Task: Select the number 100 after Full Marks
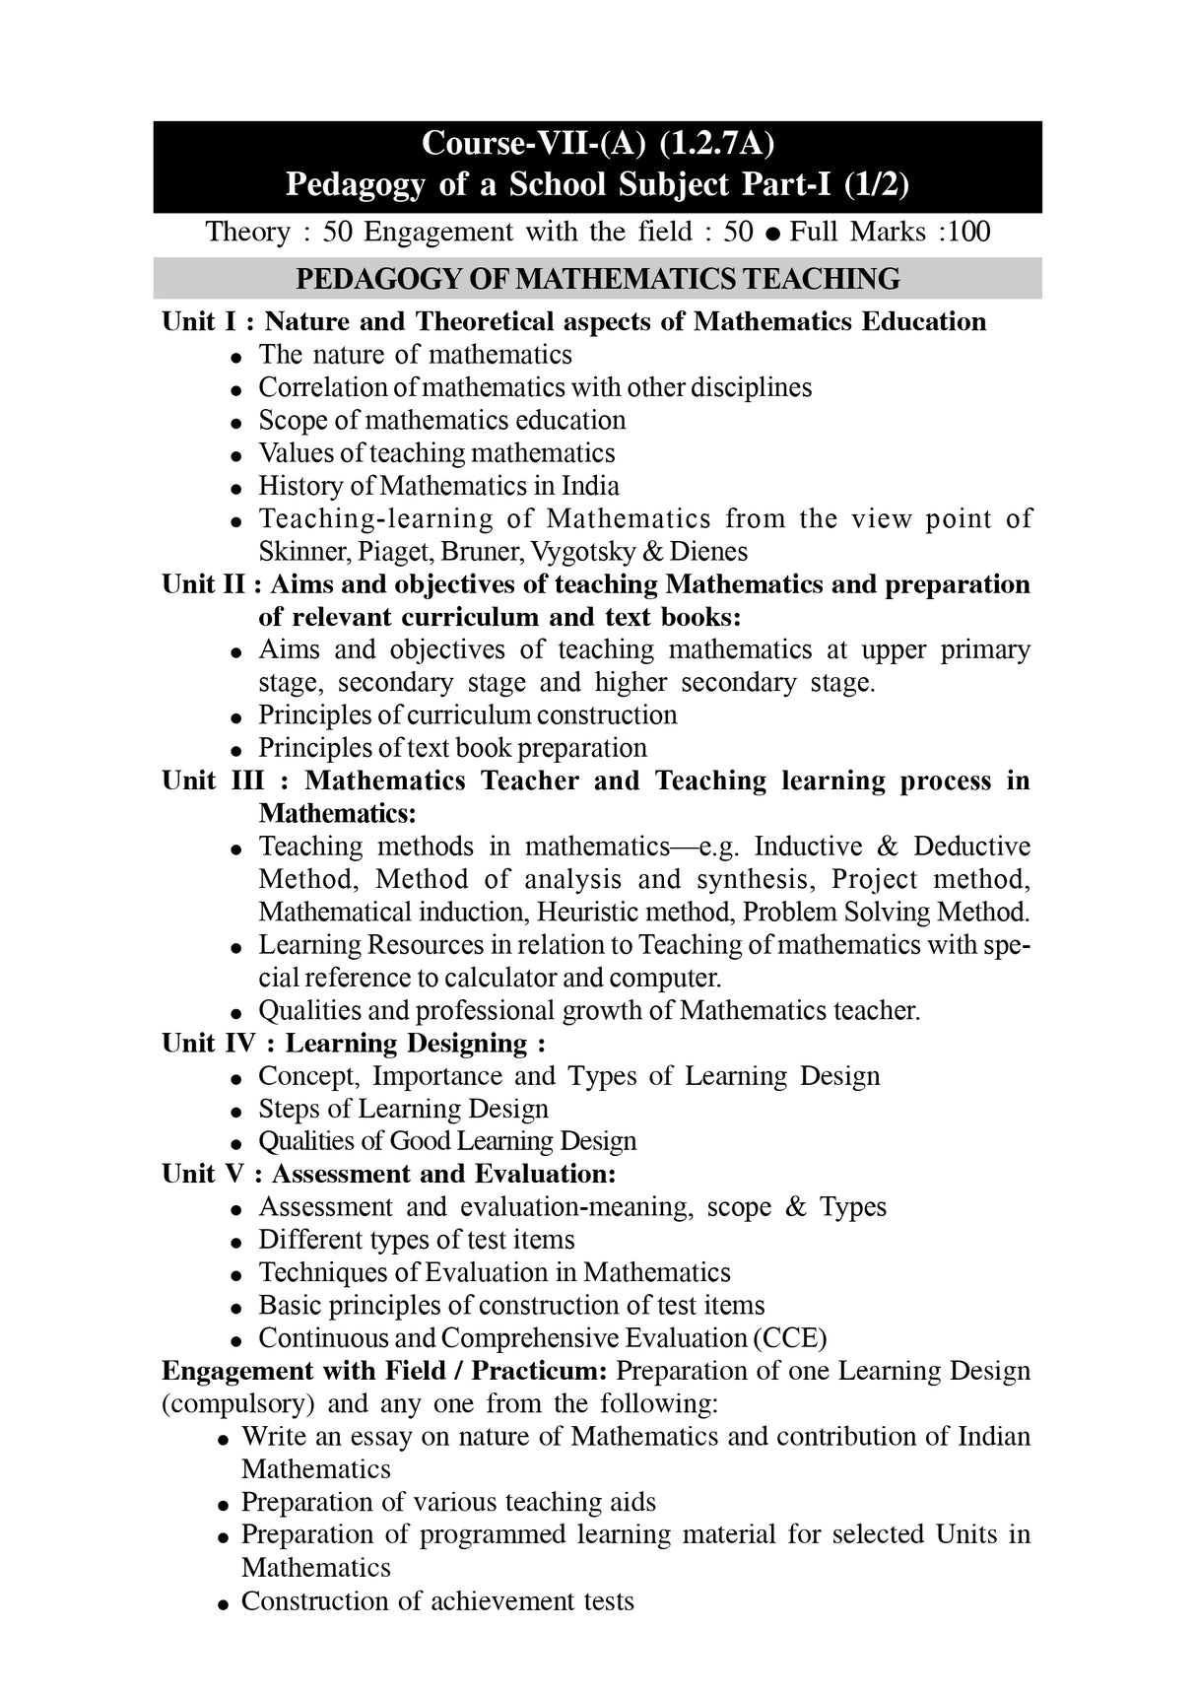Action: tap(969, 233)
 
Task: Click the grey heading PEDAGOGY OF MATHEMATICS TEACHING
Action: tap(597, 279)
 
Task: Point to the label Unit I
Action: tap(195, 322)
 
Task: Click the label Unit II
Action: tap(203, 584)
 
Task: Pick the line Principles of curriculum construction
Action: tap(467, 715)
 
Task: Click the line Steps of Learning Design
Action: tap(403, 1110)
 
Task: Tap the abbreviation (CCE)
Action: tap(790, 1338)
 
